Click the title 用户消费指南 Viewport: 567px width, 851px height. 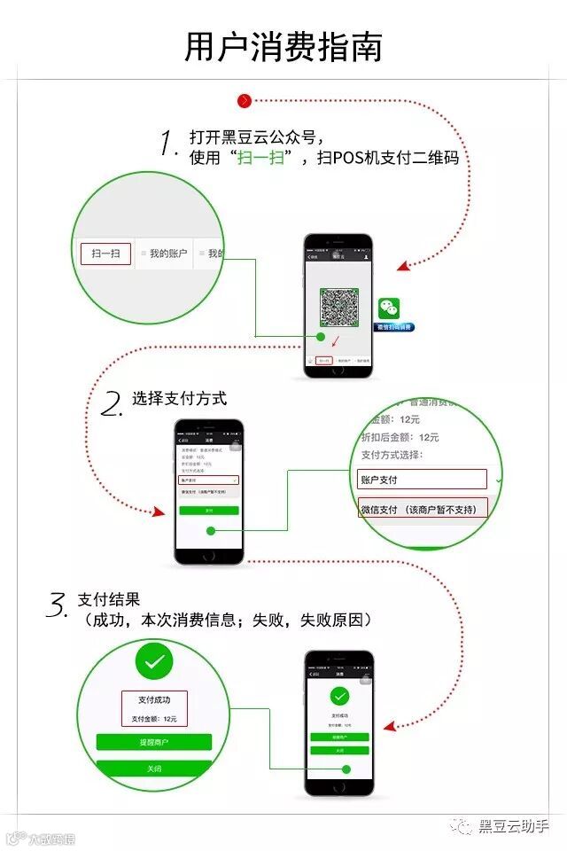tap(283, 47)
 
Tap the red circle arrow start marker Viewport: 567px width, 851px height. tap(245, 101)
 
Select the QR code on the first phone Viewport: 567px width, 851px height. tap(338, 306)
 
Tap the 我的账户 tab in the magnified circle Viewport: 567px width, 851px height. tap(167, 254)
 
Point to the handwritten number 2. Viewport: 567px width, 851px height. tap(112, 404)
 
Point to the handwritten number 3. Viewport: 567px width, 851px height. tap(57, 606)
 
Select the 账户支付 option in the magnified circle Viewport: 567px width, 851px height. tap(423, 480)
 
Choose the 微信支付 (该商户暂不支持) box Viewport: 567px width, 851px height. tap(423, 510)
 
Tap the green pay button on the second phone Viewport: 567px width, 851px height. tap(208, 511)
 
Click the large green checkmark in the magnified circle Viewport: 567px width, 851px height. tap(154, 661)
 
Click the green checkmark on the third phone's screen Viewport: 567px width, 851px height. tap(338, 696)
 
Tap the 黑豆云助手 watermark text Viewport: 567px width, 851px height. tap(513, 826)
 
